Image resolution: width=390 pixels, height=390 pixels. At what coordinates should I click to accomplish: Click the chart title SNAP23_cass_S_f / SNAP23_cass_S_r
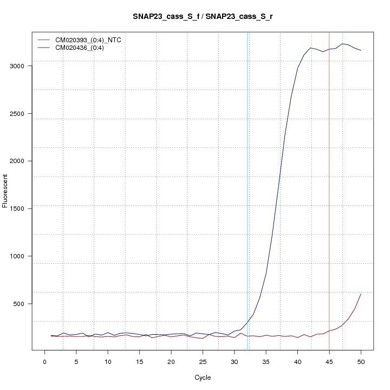[203, 16]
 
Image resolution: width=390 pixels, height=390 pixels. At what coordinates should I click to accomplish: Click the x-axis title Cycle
[203, 378]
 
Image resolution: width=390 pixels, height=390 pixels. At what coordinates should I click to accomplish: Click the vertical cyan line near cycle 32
[248, 190]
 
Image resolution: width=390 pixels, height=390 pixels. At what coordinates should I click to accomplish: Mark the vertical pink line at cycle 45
[329, 190]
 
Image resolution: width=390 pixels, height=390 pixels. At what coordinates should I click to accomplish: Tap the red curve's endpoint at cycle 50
[361, 294]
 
